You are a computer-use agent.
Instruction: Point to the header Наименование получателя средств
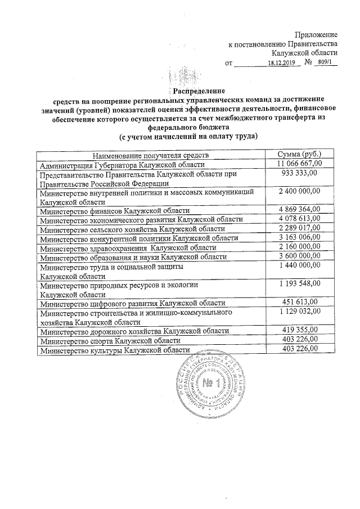pyautogui.click(x=151, y=155)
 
